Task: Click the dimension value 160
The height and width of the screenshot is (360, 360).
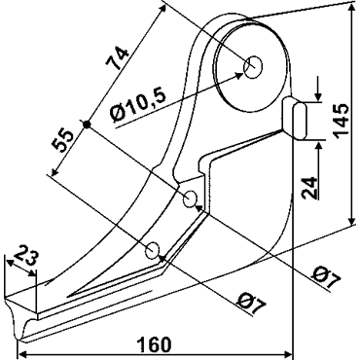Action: [154, 344]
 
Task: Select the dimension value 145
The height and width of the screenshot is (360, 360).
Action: [342, 121]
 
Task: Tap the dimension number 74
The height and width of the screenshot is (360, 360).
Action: [117, 57]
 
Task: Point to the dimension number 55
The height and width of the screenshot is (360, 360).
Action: [62, 140]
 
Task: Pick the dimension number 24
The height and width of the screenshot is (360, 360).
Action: [309, 188]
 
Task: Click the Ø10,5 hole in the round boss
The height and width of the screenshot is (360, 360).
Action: [253, 67]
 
